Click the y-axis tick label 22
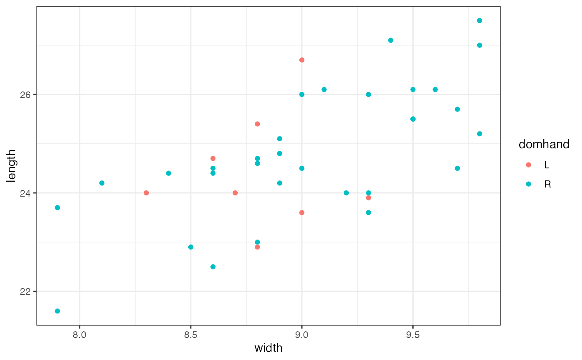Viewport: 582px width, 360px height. coord(26,291)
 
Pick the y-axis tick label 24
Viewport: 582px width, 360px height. coord(26,193)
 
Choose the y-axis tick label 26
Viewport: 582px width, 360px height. coord(26,94)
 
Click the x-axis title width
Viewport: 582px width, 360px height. coord(268,348)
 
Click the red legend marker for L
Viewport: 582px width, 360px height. coord(528,165)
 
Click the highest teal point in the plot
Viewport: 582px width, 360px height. coord(479,20)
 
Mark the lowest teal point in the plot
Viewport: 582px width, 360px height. coord(57,311)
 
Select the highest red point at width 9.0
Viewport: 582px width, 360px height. coord(302,60)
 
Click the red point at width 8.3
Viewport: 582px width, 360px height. coord(146,193)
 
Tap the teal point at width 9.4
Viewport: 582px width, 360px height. coord(391,40)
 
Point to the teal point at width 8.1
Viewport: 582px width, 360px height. coord(102,183)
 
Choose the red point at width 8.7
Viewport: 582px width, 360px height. coord(235,193)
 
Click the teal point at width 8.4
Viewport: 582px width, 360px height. coord(168,173)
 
